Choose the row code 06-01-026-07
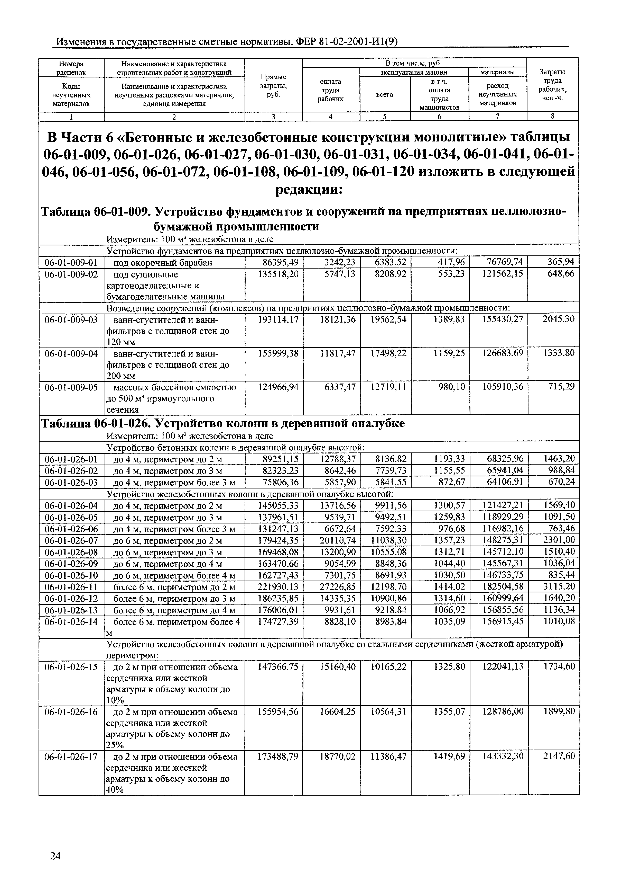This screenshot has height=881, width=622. (x=71, y=541)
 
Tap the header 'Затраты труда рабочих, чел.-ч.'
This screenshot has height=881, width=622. (x=552, y=85)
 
